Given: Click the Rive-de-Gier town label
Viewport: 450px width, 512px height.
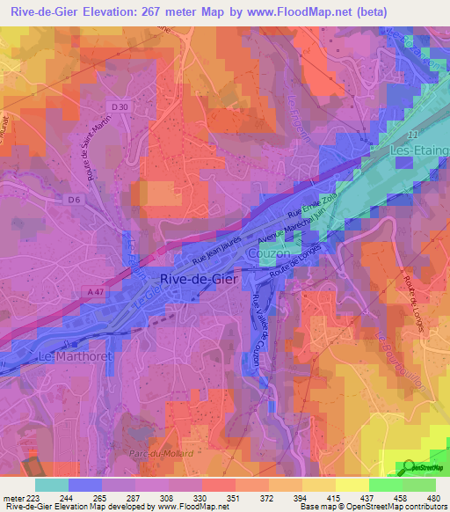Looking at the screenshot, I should pyautogui.click(x=197, y=279).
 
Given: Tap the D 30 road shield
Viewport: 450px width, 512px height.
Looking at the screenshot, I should pyautogui.click(x=120, y=106).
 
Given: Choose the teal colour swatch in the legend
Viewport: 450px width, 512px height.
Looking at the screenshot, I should pyautogui.click(x=51, y=485).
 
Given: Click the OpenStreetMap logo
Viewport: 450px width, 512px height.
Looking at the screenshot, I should pyautogui.click(x=425, y=467).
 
